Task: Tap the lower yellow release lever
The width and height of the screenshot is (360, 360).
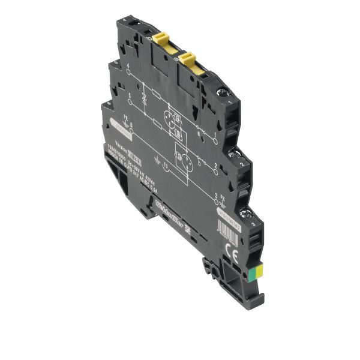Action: pyautogui.click(x=188, y=59)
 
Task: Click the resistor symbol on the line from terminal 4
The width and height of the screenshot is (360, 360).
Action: pyautogui.click(x=155, y=93)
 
